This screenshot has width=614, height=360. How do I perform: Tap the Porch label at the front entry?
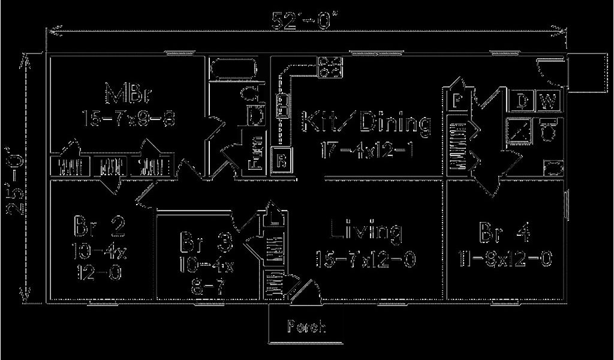pyautogui.click(x=306, y=327)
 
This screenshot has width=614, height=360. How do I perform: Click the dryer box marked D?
pyautogui.click(x=522, y=101)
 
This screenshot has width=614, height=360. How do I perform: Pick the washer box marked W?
pyautogui.click(x=548, y=101)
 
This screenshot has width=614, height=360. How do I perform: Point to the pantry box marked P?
pyautogui.click(x=457, y=100)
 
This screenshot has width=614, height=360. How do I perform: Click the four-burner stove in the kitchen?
pyautogui.click(x=329, y=66)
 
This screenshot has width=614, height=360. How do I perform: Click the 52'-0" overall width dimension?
pyautogui.click(x=306, y=20)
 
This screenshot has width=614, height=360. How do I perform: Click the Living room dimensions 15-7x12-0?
pyautogui.click(x=366, y=259)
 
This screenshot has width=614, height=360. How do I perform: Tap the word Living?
pyautogui.click(x=366, y=230)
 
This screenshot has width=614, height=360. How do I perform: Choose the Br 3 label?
pyautogui.click(x=206, y=243)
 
